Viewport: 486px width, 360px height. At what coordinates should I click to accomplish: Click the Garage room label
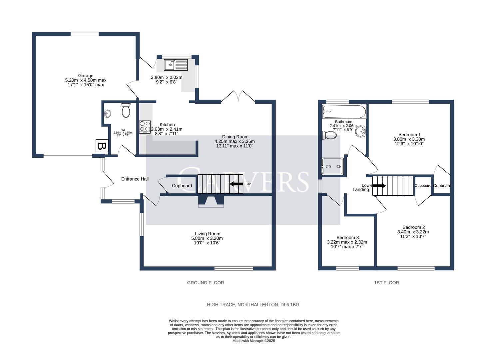(x=86, y=76)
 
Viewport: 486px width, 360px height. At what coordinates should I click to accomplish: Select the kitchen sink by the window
(x=176, y=65)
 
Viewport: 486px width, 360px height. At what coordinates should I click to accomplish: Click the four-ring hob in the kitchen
(x=145, y=127)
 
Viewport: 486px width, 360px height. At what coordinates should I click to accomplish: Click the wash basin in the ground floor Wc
(x=107, y=114)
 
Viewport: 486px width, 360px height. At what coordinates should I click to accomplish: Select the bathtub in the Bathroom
(x=344, y=111)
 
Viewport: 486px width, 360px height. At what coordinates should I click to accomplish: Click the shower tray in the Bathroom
(x=332, y=166)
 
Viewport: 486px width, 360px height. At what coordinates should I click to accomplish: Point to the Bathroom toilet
(x=329, y=135)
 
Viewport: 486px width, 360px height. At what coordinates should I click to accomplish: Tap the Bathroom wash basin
(x=360, y=132)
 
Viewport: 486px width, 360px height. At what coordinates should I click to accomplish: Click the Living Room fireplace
(x=211, y=201)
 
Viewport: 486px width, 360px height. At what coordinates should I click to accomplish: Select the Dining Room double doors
(x=238, y=96)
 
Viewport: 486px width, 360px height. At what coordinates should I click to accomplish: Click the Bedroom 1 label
(x=409, y=135)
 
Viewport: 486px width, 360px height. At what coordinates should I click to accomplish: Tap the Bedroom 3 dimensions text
(x=347, y=244)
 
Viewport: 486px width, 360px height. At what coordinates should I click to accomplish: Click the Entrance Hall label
(x=135, y=179)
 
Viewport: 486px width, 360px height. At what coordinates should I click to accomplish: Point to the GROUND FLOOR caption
(x=205, y=283)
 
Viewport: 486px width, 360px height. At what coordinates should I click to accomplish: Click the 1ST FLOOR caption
(x=386, y=283)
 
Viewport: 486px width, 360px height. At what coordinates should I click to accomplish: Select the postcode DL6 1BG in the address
(x=290, y=305)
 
